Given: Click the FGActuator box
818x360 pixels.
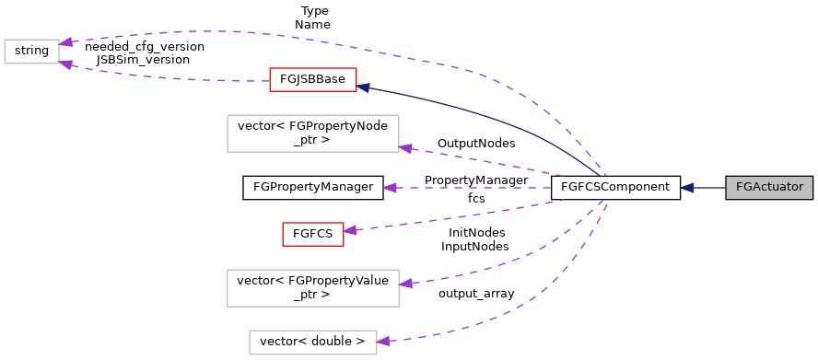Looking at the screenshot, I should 769,188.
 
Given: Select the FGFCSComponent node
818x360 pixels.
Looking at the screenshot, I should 614,188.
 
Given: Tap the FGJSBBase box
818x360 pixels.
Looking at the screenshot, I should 311,79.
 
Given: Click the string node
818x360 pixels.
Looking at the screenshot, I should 31,51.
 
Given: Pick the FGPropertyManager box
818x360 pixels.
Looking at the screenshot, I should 311,188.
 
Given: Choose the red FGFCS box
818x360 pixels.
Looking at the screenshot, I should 312,234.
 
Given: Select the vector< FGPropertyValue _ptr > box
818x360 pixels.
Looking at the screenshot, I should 311,287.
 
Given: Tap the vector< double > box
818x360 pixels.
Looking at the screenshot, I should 312,342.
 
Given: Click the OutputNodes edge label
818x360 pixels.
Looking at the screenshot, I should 475,144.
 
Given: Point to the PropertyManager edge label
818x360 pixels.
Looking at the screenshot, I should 475,180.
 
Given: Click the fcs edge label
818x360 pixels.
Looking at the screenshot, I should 475,198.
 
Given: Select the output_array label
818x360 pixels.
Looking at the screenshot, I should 475,293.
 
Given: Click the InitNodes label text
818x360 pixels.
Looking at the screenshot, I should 475,233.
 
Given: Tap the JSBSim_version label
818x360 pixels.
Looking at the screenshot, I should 143,59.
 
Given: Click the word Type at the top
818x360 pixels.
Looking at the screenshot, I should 313,11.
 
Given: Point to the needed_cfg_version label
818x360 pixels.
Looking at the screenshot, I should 144,45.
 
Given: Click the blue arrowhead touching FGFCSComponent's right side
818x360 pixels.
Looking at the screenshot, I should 687,188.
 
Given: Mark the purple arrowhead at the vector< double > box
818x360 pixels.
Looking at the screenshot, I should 383,341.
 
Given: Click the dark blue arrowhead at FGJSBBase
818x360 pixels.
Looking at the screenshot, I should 363,87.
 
